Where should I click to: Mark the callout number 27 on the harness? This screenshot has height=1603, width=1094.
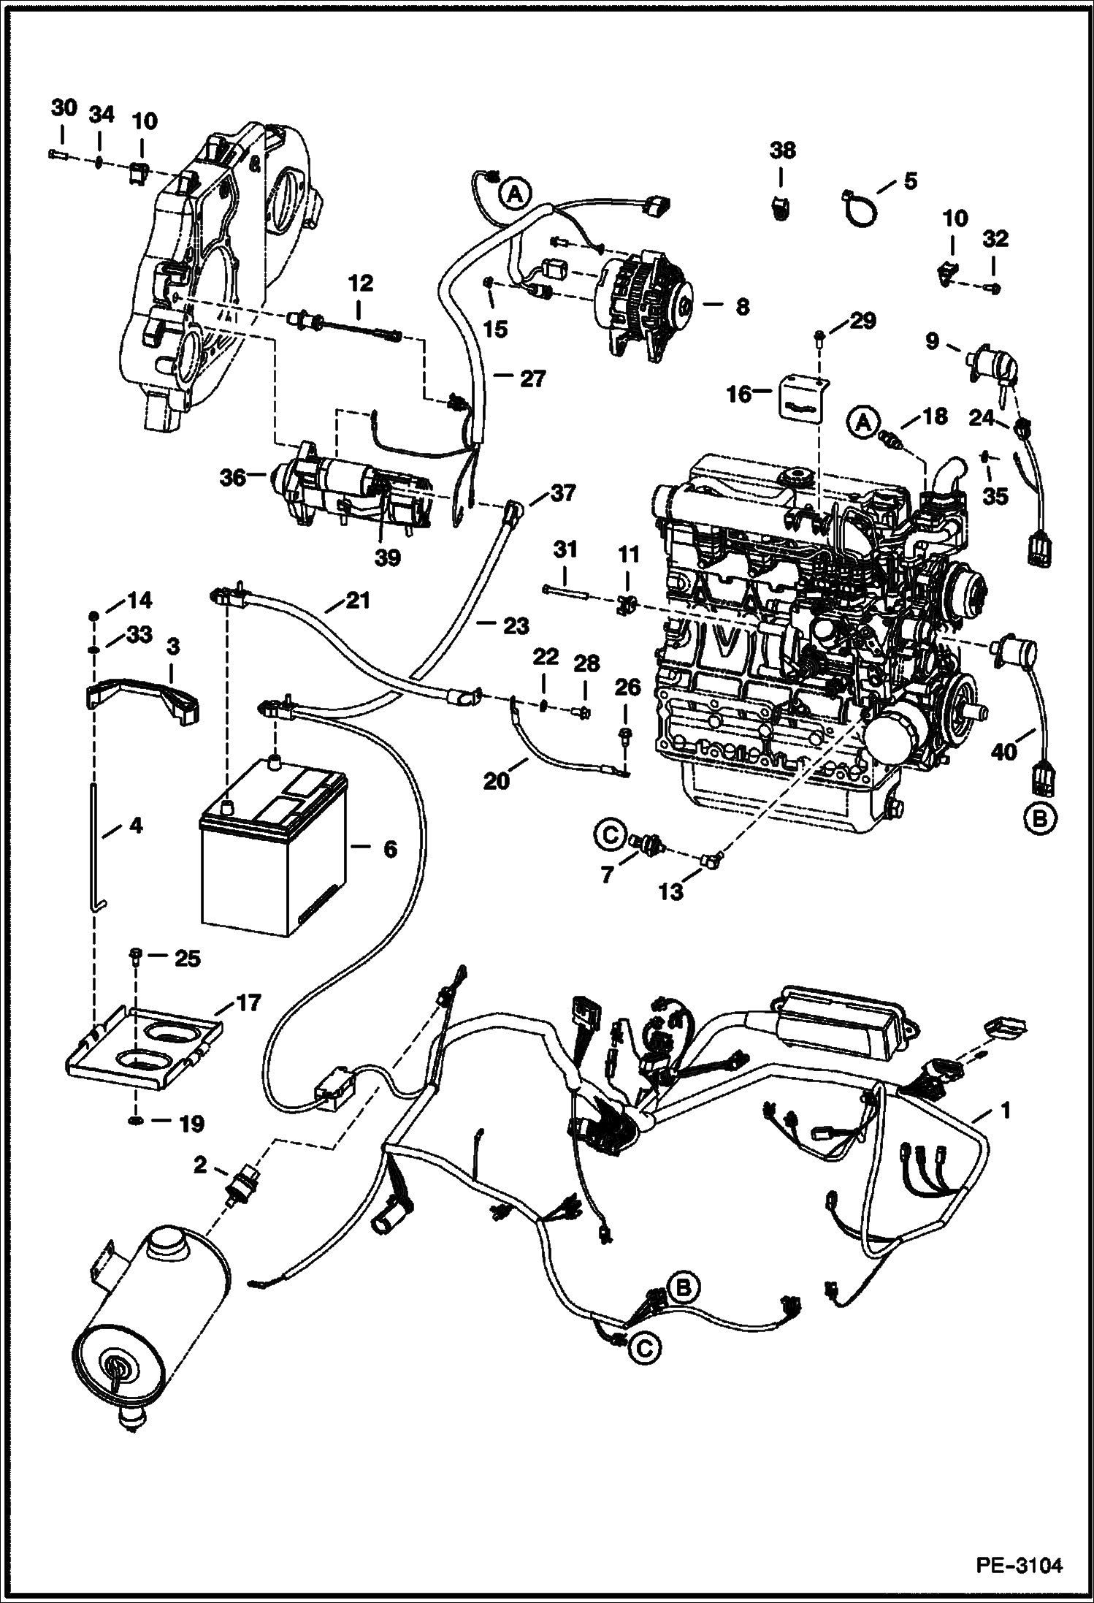(x=533, y=378)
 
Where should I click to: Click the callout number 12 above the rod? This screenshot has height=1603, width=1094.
(x=361, y=282)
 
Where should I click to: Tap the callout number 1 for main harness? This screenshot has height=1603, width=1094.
(x=1006, y=1111)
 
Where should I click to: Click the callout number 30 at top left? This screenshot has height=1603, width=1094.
(x=64, y=108)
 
